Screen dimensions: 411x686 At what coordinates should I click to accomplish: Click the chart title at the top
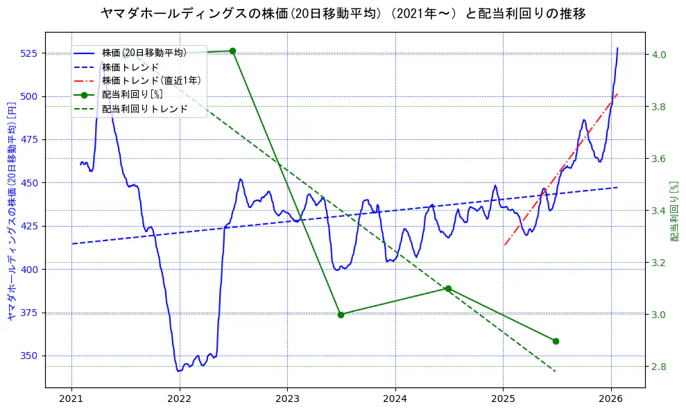pos(343,13)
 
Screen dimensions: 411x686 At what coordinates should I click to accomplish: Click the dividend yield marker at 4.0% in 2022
pos(232,51)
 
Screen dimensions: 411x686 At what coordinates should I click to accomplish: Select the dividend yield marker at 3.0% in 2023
pos(341,315)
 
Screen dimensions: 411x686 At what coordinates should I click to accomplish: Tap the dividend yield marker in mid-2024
pos(448,288)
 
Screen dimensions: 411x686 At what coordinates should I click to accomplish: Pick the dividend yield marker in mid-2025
pos(556,341)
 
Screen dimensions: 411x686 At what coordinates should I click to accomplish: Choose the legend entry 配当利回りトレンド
pos(144,109)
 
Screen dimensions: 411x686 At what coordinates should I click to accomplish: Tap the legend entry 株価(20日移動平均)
pos(144,53)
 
